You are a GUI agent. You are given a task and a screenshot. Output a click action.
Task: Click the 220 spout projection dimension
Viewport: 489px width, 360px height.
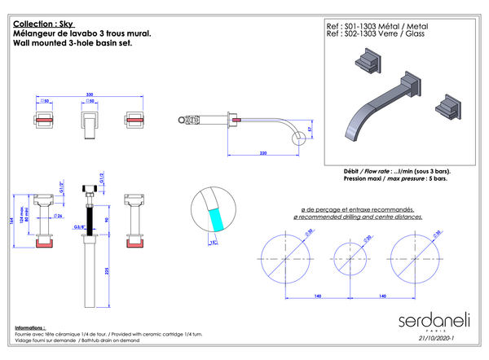263,152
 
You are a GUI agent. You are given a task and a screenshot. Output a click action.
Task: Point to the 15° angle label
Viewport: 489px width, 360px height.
214,242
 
